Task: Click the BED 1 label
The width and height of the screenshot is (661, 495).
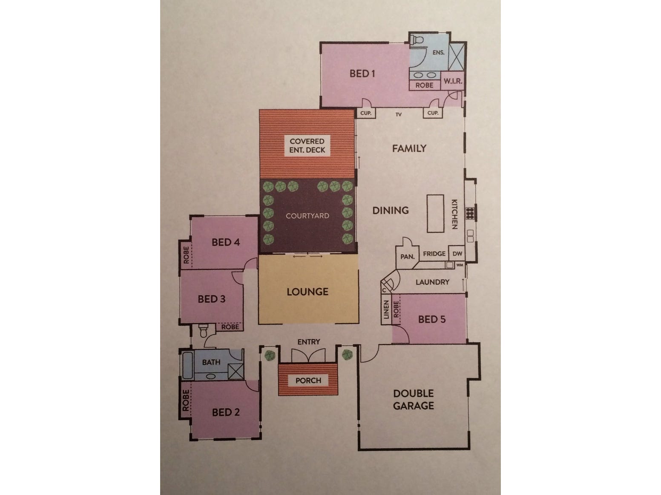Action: (362, 74)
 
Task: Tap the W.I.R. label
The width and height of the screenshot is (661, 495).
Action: (453, 81)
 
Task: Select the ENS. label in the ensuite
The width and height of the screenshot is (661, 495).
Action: (438, 53)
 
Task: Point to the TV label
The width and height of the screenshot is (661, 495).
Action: (399, 114)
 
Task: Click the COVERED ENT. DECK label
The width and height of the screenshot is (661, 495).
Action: (307, 145)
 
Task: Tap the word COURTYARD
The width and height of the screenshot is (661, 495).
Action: (307, 216)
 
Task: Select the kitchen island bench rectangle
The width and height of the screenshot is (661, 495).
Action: (435, 213)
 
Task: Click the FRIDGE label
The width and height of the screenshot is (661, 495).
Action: (434, 253)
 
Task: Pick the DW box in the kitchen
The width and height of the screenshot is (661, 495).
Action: (457, 253)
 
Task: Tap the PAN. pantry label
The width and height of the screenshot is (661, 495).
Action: (407, 256)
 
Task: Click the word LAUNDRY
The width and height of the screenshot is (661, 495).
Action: (432, 282)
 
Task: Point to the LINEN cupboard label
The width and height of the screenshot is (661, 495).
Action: (386, 310)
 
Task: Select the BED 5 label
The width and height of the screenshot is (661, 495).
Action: (432, 319)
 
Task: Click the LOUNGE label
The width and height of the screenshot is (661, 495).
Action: (308, 292)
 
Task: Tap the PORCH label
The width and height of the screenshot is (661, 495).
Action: (308, 380)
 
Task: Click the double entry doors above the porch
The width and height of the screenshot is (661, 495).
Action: (308, 356)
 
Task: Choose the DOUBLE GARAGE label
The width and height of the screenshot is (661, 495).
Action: (413, 400)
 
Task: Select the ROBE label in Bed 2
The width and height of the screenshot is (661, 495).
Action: (186, 400)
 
